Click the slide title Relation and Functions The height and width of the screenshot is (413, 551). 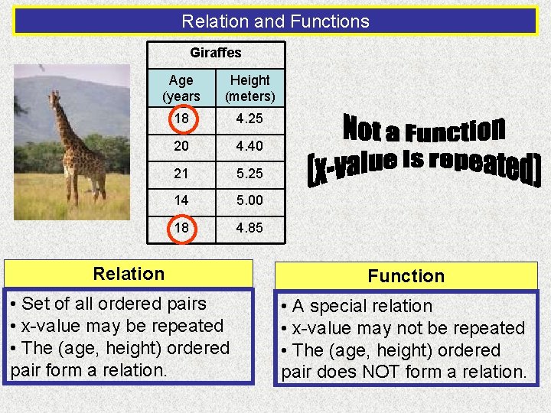click(x=275, y=21)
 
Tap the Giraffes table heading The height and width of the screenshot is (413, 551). click(x=215, y=53)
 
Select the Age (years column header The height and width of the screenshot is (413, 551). click(x=181, y=88)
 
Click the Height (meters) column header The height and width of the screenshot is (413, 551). click(x=250, y=88)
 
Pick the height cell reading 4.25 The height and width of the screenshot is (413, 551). click(x=250, y=120)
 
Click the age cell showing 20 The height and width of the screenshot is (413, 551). click(x=181, y=146)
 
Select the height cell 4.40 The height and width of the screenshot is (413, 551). click(x=250, y=146)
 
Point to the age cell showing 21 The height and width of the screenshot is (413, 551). click(x=181, y=174)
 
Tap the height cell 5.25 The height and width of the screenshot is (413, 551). click(x=250, y=174)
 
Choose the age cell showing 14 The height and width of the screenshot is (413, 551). click(x=181, y=201)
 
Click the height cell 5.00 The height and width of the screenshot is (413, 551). click(x=250, y=201)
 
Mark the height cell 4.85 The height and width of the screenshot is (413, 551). click(x=250, y=228)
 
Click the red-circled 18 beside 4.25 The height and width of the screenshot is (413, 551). click(x=181, y=120)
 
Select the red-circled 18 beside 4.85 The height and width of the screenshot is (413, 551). click(x=181, y=228)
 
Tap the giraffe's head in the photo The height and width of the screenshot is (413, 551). click(x=54, y=99)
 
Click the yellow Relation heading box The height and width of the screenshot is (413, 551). click(x=129, y=274)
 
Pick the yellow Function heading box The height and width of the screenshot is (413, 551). click(x=406, y=276)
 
